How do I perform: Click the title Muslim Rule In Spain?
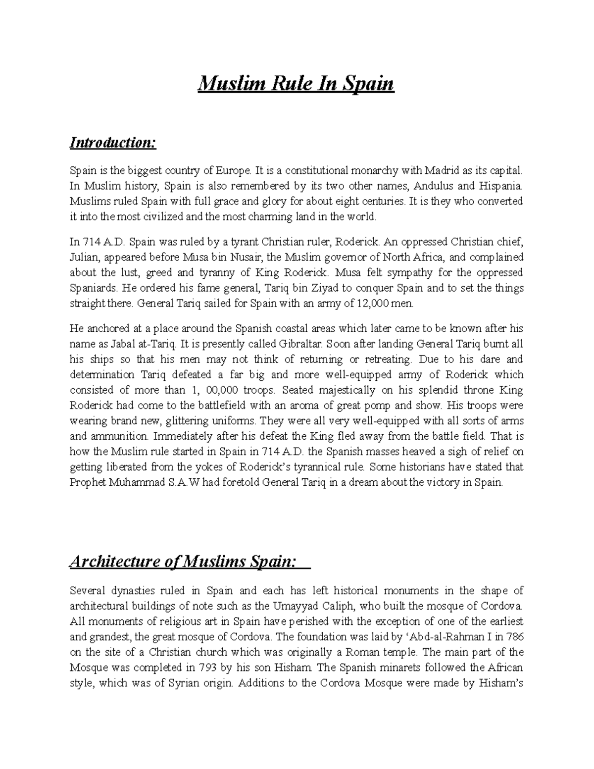coord(296,84)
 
